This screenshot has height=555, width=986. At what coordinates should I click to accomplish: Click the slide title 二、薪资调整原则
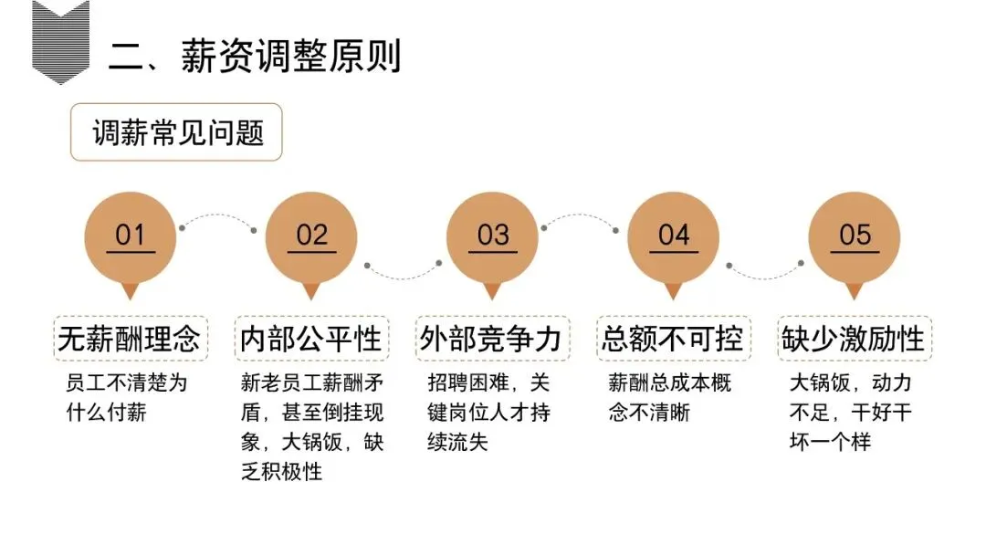pyautogui.click(x=255, y=57)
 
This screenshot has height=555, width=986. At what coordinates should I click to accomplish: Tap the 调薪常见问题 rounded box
pyautogui.click(x=176, y=133)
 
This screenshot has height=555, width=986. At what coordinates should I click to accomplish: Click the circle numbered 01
pyautogui.click(x=131, y=236)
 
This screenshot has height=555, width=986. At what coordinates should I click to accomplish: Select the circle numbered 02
pyautogui.click(x=311, y=236)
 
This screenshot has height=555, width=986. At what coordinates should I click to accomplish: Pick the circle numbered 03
pyautogui.click(x=492, y=236)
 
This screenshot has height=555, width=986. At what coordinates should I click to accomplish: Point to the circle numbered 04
pyautogui.click(x=673, y=236)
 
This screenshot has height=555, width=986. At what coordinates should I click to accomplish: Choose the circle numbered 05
pyautogui.click(x=855, y=236)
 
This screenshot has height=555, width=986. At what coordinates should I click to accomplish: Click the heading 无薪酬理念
pyautogui.click(x=130, y=339)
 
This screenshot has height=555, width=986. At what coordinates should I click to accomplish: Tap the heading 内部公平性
pyautogui.click(x=310, y=339)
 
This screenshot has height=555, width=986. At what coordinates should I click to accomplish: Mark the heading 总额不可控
pyautogui.click(x=673, y=339)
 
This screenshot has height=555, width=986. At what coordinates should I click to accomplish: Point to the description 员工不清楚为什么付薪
pyautogui.click(x=126, y=397)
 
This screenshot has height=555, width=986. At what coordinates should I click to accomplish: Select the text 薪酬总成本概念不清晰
pyautogui.click(x=669, y=397)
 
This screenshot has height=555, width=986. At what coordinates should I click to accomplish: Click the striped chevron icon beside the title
pyautogui.click(x=60, y=41)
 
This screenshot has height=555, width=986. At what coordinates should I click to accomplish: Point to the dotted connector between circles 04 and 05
pyautogui.click(x=765, y=272)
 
